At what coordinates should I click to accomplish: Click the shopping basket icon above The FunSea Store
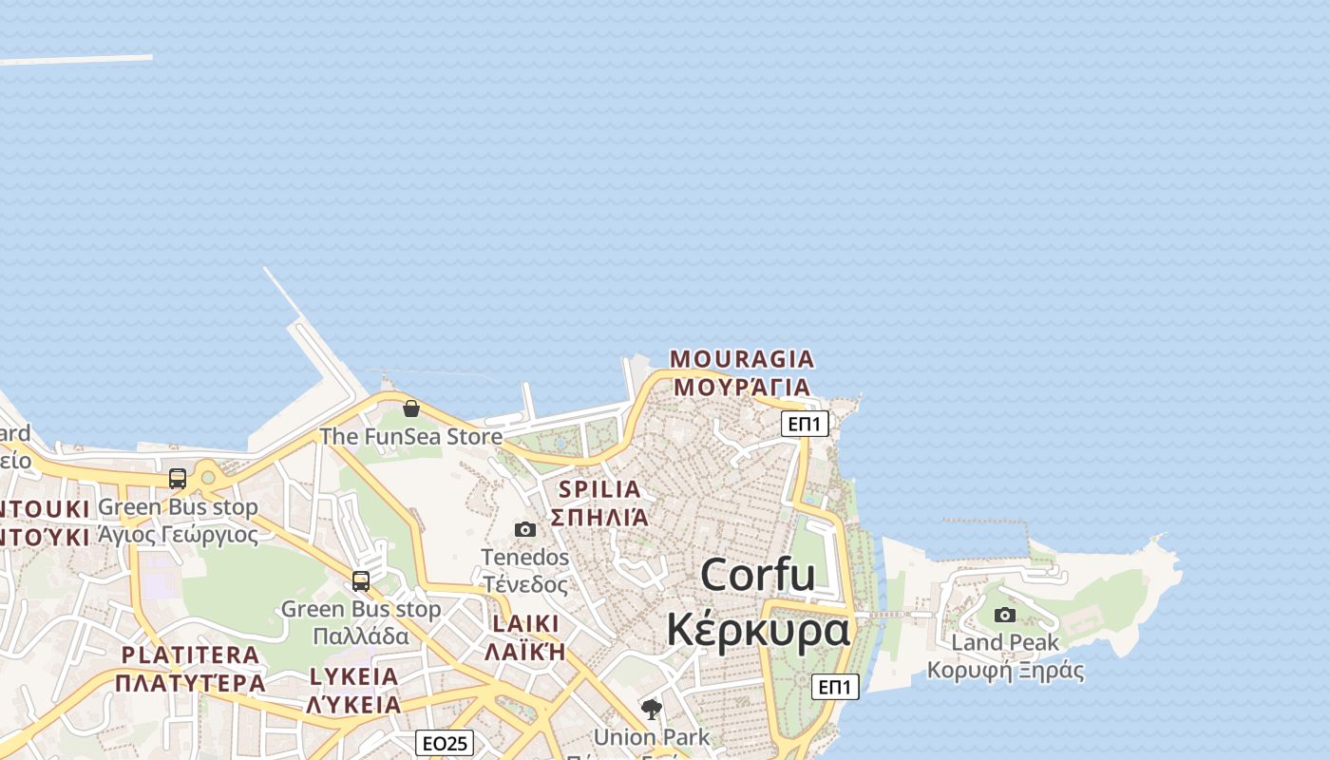coord(411,408)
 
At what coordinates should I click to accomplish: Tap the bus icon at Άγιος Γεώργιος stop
coord(178,479)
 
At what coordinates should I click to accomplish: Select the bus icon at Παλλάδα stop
coord(361,580)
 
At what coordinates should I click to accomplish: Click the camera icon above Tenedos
coord(525,529)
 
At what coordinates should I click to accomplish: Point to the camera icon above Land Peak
coord(1005,615)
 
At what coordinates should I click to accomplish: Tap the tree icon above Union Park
coord(652,709)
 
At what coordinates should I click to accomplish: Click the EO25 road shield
coord(445,743)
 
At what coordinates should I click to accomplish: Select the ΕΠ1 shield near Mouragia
coord(806,424)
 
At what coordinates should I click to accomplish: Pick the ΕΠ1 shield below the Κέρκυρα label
coord(835,687)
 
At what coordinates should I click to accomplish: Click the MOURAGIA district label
coord(742,359)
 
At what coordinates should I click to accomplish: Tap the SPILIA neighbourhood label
coord(600,489)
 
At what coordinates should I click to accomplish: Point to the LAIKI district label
coord(524,623)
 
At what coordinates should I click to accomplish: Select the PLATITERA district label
coord(190,655)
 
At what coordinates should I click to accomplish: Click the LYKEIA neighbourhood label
coord(354,676)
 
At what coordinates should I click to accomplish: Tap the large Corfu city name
coord(757,575)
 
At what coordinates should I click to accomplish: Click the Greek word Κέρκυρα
coord(757,629)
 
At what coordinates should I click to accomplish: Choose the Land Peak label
coord(1005,643)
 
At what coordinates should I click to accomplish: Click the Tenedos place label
coord(525,557)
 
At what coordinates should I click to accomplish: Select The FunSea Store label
coord(410,437)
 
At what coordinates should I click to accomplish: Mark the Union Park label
coord(652,736)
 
